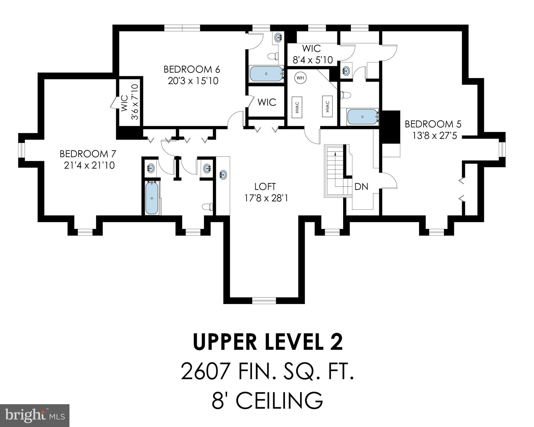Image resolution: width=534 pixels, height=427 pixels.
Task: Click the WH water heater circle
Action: (300, 78)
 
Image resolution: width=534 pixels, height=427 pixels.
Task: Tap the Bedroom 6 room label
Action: (192, 69)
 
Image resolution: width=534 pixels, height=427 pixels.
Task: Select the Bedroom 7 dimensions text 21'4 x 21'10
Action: (89, 165)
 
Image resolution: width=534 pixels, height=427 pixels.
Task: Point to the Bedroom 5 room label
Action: (431, 124)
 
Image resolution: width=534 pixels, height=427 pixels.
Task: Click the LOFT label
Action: (265, 186)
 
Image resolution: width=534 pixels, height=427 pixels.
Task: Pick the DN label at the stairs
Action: (361, 187)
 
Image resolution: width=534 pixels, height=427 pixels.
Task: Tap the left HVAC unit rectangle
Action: (297, 107)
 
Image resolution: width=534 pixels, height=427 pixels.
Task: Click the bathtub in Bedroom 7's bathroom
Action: (152, 198)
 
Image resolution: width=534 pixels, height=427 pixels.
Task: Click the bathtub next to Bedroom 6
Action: (266, 74)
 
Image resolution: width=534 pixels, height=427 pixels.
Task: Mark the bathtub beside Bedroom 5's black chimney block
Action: (362, 117)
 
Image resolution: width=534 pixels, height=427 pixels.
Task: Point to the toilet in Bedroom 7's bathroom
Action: (207, 207)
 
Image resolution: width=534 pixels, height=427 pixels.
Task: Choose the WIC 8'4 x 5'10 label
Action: (313, 54)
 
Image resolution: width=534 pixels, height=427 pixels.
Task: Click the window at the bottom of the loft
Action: (264, 301)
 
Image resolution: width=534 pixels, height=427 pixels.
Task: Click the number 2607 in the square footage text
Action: (205, 372)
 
